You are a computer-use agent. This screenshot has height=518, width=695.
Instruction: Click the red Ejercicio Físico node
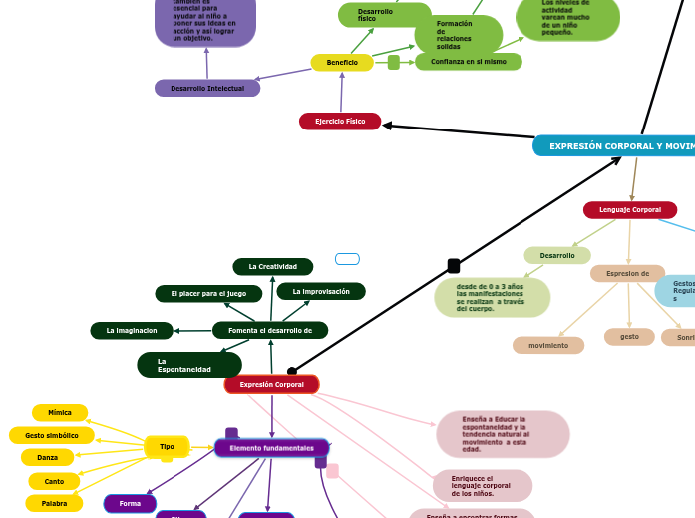click(x=340, y=122)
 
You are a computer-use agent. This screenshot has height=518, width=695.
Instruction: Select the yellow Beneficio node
click(x=342, y=63)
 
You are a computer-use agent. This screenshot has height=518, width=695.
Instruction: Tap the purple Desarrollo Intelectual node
click(x=207, y=89)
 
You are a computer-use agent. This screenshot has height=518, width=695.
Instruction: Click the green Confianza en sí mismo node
click(x=468, y=62)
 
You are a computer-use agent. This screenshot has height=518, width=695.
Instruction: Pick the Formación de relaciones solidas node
click(x=458, y=35)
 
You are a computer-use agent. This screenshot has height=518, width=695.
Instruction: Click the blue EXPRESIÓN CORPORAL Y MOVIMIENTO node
click(x=614, y=146)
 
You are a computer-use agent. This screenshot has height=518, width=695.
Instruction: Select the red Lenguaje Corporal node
click(x=629, y=210)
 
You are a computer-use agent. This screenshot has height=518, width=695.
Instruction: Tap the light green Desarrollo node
click(x=557, y=256)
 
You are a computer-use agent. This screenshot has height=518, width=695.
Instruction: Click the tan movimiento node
click(x=548, y=346)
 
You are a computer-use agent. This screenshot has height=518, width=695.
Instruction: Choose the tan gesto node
click(x=629, y=337)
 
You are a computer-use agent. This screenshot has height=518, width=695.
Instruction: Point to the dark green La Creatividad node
click(x=273, y=267)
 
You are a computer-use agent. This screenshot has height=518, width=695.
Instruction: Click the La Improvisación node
click(x=321, y=292)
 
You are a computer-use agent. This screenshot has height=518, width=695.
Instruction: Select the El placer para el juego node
click(x=208, y=294)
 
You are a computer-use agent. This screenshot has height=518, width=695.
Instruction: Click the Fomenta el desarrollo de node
click(x=270, y=330)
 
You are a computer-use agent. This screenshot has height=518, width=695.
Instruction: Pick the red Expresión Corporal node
click(x=271, y=385)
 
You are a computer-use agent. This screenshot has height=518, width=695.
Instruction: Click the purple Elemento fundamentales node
click(x=271, y=448)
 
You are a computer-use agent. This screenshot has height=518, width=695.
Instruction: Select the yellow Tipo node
click(x=167, y=447)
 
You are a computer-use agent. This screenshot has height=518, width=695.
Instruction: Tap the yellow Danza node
click(x=48, y=458)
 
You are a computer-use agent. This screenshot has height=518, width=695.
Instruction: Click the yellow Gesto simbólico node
click(x=52, y=435)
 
